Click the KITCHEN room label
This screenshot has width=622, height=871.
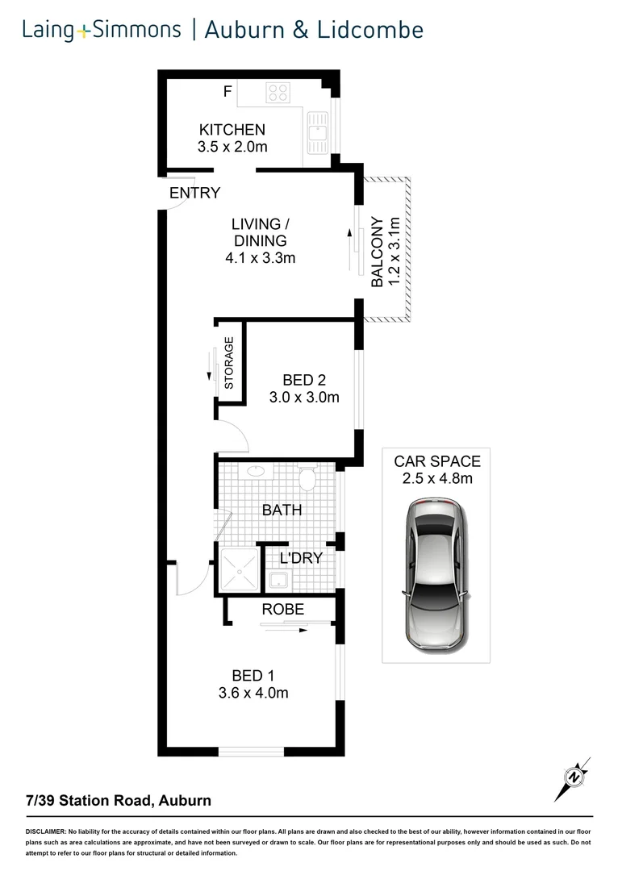(x=232, y=129)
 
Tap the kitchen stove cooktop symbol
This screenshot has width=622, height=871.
(x=278, y=93)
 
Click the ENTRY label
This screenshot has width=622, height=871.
(x=194, y=193)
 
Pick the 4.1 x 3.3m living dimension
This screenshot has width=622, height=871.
(x=261, y=259)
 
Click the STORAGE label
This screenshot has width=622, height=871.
(x=229, y=363)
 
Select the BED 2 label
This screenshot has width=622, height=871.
(x=303, y=380)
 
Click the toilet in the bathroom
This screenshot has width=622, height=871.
(x=307, y=479)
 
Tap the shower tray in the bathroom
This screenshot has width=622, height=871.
(x=240, y=571)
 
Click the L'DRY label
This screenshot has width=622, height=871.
(x=301, y=557)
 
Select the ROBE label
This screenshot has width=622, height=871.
(x=282, y=610)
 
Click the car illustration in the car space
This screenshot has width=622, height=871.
(x=436, y=574)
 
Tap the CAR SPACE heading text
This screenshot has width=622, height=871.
(x=436, y=462)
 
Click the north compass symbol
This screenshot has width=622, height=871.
(x=574, y=778)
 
